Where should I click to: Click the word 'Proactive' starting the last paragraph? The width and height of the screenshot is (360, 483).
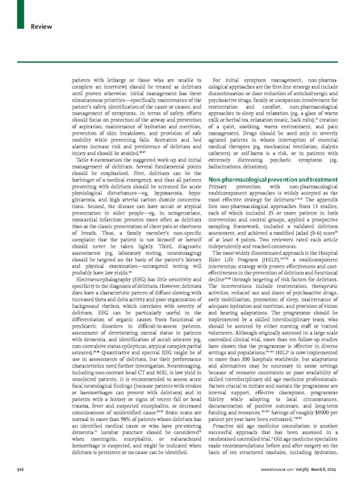205,430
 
